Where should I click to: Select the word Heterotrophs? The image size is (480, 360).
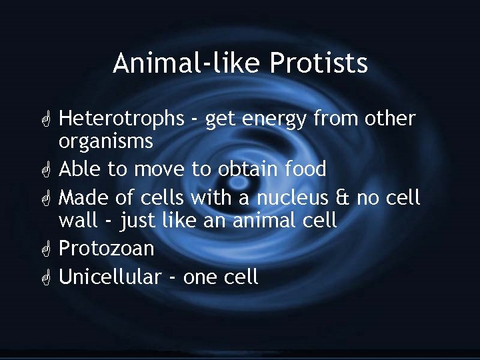coord(121,119)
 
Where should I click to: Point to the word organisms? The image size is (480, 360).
coord(106,142)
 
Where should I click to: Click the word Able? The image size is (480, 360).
coord(81,169)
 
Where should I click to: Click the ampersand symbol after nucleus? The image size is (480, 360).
coord(342,198)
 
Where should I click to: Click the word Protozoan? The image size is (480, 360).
coord(107,249)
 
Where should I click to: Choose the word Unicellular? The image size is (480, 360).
coord(110,277)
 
